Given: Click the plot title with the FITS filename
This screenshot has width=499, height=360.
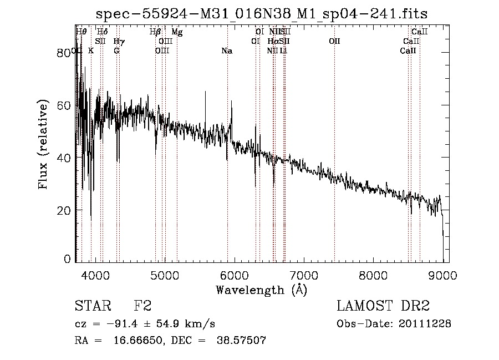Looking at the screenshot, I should tap(261, 14).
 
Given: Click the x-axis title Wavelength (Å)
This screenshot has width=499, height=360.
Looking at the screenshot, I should tap(261, 289).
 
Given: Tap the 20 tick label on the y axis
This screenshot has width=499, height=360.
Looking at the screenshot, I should tap(65, 210).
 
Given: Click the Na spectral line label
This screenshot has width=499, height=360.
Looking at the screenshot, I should tap(227, 51).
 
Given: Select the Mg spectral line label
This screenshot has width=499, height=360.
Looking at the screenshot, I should tap(177, 32).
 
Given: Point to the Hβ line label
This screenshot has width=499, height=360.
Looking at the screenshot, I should tap(155, 32).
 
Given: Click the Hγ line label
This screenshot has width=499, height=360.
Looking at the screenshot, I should tap(119, 42).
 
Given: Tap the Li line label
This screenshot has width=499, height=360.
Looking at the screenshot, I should tap(283, 51).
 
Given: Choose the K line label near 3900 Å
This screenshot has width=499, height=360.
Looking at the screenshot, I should tap(91, 51).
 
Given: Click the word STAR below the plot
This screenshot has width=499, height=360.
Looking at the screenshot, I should tap(92, 306).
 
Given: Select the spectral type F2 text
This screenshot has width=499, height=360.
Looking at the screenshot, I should tap(142, 306).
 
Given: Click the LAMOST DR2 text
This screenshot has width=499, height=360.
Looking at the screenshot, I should tap(383, 306).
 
